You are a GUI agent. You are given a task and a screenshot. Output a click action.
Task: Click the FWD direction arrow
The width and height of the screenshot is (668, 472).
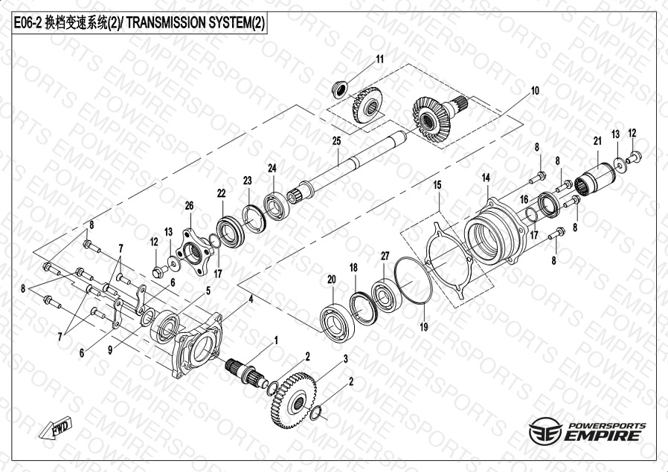55,427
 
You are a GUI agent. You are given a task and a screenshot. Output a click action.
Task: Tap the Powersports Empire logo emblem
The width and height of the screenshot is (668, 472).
545,431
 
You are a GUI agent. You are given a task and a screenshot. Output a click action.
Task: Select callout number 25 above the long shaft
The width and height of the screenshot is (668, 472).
336,141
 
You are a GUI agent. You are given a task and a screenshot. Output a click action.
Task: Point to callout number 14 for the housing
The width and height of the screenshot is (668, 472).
486,178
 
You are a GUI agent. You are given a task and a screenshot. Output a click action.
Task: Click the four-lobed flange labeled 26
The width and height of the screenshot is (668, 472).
195,253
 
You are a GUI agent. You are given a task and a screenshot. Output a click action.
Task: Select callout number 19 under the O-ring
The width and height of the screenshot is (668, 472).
424,327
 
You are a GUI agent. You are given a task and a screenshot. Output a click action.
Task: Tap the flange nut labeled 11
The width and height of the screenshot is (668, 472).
339,90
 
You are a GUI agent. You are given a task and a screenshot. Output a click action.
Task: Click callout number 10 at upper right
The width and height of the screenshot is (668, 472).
535,91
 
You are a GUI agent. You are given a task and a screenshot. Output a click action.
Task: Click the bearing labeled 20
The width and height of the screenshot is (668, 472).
338,322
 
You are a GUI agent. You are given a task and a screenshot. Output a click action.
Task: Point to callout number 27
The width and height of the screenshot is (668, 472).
385,256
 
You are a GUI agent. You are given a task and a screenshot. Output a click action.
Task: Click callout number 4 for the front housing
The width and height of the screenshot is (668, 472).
251,300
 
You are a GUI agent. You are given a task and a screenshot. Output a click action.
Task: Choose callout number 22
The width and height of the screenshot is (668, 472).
221,193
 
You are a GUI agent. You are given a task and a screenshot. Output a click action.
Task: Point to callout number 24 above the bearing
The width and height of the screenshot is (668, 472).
272,168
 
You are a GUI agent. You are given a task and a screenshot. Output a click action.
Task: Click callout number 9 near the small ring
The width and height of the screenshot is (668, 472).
110,350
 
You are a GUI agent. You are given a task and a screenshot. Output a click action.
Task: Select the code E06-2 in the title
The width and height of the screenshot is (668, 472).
28,23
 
